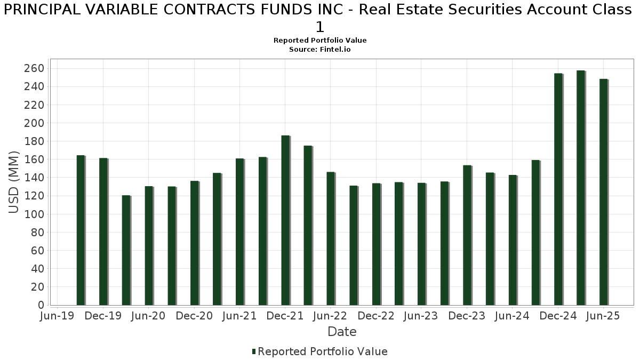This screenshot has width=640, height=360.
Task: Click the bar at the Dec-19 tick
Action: (103, 231)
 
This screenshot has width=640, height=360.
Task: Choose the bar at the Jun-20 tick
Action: (149, 246)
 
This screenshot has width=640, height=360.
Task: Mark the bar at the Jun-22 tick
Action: (331, 238)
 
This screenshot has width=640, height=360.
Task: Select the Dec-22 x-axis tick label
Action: (376, 316)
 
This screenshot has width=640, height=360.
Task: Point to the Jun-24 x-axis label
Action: (513, 316)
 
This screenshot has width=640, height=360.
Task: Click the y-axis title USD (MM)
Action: (14, 182)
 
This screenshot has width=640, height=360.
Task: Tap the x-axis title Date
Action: (342, 332)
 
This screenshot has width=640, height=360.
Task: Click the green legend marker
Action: (254, 351)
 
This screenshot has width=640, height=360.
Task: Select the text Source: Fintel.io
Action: (320, 49)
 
